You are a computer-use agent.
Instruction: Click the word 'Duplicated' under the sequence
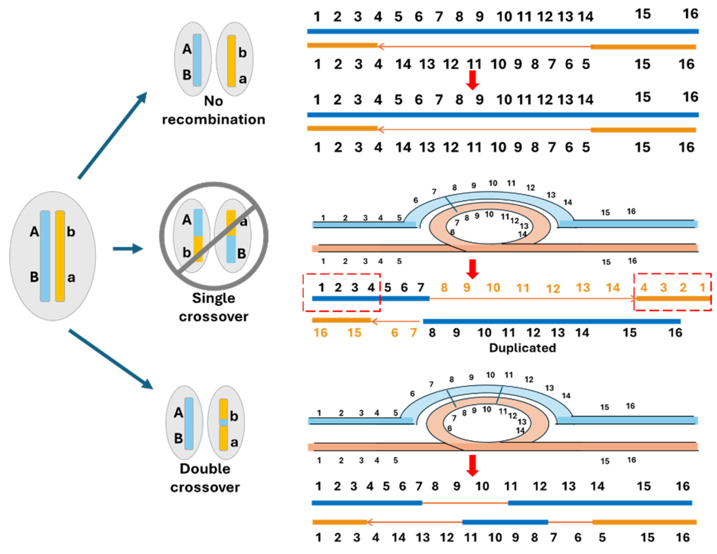tap(522, 348)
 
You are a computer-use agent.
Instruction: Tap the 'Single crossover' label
tap(213, 307)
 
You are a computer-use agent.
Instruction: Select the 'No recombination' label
tap(213, 110)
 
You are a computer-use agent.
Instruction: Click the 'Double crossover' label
tap(205, 478)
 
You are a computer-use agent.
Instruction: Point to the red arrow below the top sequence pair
tap(472, 80)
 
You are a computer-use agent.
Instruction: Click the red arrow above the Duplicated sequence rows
tap(472, 269)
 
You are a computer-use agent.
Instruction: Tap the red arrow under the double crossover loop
tap(472, 465)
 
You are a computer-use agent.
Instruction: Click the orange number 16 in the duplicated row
tap(321, 333)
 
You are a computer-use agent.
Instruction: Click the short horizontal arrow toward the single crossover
tap(128, 249)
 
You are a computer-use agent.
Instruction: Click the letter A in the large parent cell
tap(34, 232)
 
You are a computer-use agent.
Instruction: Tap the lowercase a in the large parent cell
tap(71, 278)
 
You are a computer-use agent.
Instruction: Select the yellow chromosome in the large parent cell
tap(60, 256)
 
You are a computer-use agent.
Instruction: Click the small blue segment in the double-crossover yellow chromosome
tap(224, 422)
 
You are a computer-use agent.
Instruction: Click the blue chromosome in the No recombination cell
tap(197, 60)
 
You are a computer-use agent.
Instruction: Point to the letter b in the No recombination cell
tap(242, 53)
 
